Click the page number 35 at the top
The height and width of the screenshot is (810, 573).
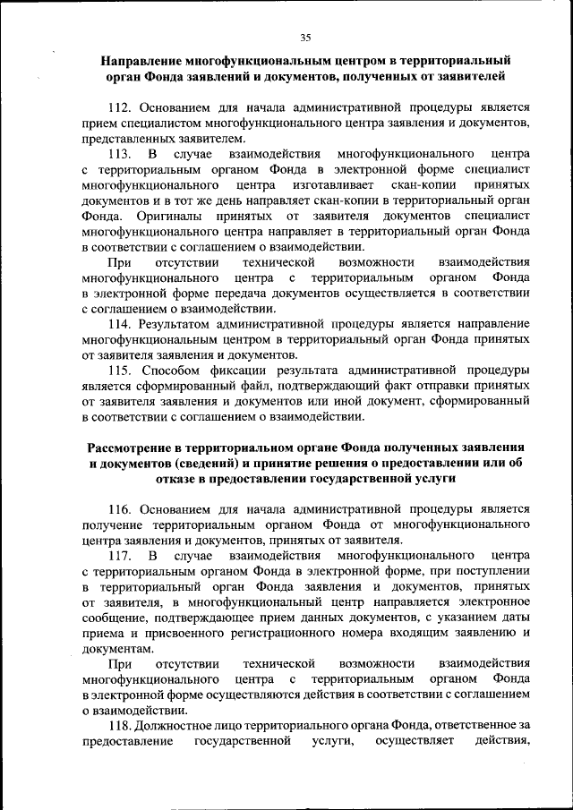(304, 37)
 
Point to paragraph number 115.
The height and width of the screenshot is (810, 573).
(120, 370)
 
